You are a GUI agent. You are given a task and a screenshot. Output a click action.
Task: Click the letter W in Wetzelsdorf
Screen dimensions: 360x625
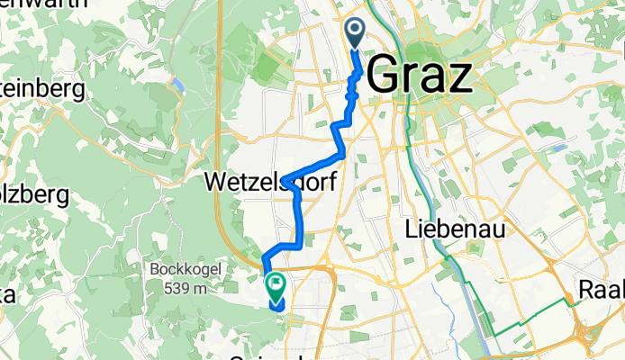coord(218,182)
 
